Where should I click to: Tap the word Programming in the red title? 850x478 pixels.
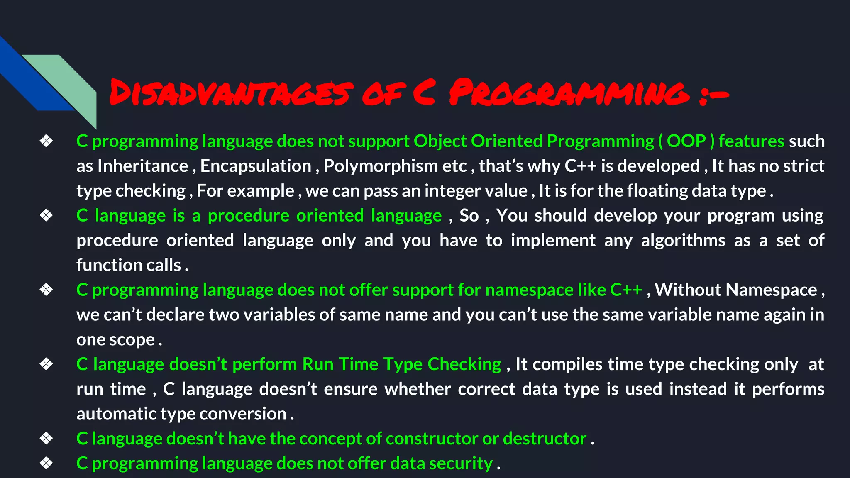[569, 92]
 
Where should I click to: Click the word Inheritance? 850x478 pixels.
[143, 166]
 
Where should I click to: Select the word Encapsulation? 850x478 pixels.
[256, 166]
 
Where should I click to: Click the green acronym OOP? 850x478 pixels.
[686, 141]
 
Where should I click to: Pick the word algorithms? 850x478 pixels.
[683, 240]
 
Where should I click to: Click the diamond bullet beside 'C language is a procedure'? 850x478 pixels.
[46, 215]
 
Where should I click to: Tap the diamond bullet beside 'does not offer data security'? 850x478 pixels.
[46, 463]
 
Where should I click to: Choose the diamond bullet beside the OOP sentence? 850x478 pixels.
[46, 141]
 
